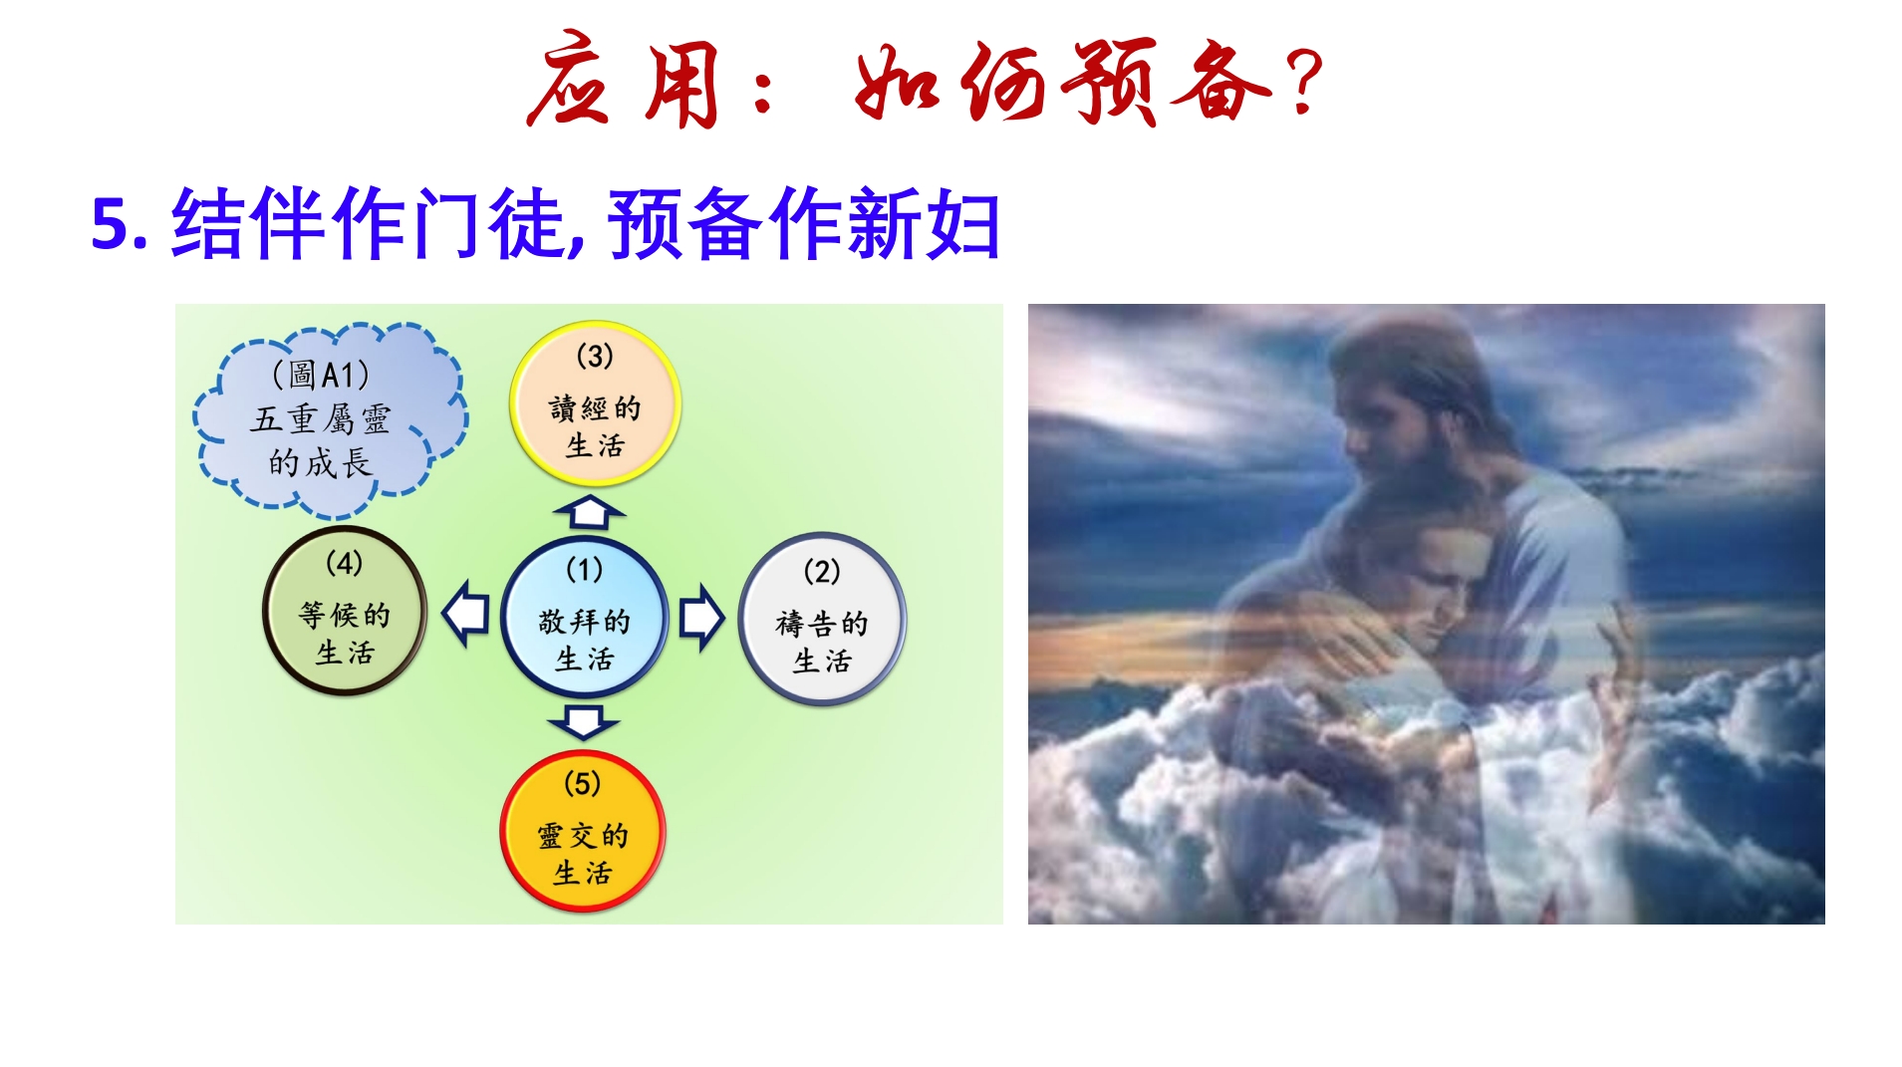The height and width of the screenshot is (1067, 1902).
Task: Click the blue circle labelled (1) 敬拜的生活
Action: pyautogui.click(x=584, y=617)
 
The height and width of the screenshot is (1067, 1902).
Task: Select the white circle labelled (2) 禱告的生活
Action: pyautogui.click(x=822, y=619)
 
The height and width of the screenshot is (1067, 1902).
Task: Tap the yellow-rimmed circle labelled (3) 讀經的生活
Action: pyautogui.click(x=595, y=403)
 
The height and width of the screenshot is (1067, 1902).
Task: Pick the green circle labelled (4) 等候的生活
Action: pyautogui.click(x=345, y=610)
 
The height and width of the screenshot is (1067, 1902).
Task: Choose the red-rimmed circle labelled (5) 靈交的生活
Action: pyautogui.click(x=583, y=831)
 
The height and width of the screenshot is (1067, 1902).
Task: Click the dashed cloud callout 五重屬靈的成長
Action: pyautogui.click(x=329, y=419)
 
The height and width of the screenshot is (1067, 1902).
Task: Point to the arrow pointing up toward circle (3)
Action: pyautogui.click(x=589, y=512)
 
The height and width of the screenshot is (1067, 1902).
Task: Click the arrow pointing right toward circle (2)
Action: pyautogui.click(x=701, y=618)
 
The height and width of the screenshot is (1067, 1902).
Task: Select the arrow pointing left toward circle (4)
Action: pyautogui.click(x=465, y=614)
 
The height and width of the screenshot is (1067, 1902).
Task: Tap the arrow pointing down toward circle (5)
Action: pyautogui.click(x=583, y=722)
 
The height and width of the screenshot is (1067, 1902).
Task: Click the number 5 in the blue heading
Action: pyautogui.click(x=112, y=223)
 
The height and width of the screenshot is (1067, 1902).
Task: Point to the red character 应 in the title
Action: pyautogui.click(x=570, y=79)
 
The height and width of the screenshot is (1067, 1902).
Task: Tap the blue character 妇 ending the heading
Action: pyautogui.click(x=963, y=224)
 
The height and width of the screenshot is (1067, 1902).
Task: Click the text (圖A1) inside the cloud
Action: pyautogui.click(x=321, y=375)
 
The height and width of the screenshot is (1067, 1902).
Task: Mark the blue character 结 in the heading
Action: pyautogui.click(x=208, y=224)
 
